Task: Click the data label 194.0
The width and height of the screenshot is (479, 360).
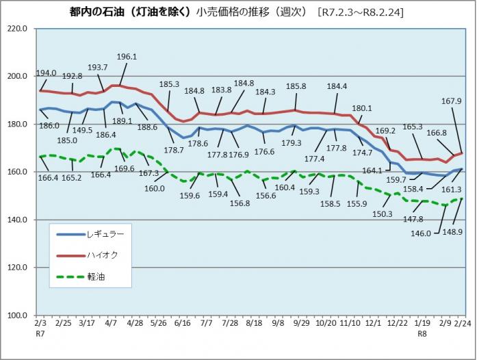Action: point(47,73)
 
